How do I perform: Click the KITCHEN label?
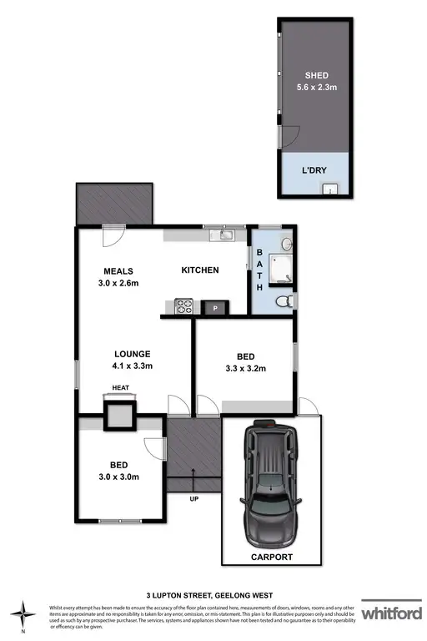[x=200, y=270]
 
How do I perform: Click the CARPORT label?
[x=271, y=554]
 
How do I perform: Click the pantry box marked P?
[x=215, y=307]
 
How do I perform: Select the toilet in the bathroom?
[x=281, y=300]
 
